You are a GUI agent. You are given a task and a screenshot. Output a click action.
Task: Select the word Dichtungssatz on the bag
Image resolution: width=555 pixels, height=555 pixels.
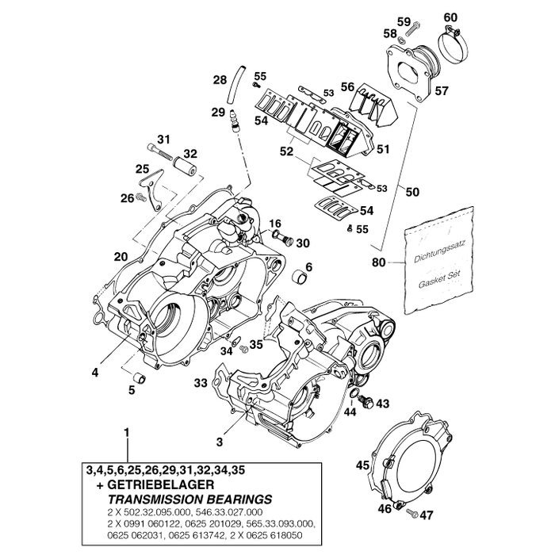[x=438, y=253]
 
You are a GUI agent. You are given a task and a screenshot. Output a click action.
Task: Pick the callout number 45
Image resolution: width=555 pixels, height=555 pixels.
[x=362, y=465]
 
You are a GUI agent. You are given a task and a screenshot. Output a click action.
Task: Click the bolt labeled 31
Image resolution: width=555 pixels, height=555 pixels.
[x=158, y=147]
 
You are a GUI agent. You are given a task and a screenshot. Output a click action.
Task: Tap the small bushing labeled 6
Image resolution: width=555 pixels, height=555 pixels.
[x=298, y=279]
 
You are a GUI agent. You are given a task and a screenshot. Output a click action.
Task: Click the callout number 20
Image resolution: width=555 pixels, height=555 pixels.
[x=121, y=256]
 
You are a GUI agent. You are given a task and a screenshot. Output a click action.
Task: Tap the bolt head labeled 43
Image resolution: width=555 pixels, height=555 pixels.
[x=366, y=393]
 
